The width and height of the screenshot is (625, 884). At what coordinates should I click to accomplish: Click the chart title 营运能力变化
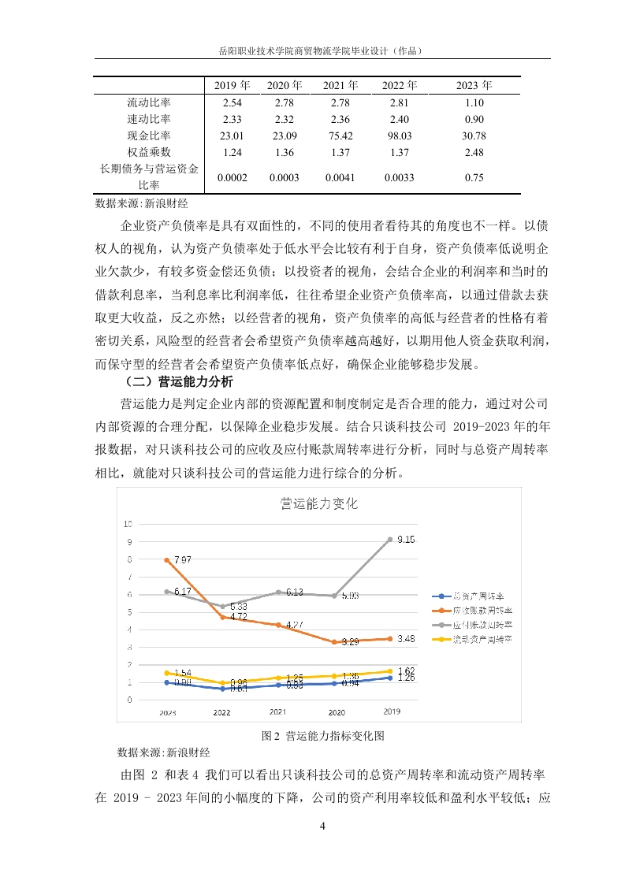click(319, 503)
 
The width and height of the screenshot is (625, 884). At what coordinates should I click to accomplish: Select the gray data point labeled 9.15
click(390, 540)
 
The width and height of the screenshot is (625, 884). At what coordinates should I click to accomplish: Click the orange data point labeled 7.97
click(167, 560)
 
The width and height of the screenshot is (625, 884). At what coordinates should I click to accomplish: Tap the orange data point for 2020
click(334, 642)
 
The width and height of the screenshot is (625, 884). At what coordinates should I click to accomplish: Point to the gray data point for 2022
click(223, 606)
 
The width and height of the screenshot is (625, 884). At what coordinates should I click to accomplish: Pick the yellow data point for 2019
click(390, 671)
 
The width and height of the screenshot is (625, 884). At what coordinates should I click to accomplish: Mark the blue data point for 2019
click(390, 678)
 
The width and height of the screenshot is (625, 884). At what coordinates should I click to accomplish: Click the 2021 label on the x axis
click(278, 711)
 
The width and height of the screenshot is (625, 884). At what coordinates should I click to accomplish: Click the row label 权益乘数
click(149, 152)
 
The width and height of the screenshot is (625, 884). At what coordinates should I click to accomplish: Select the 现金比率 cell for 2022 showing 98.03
click(399, 136)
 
